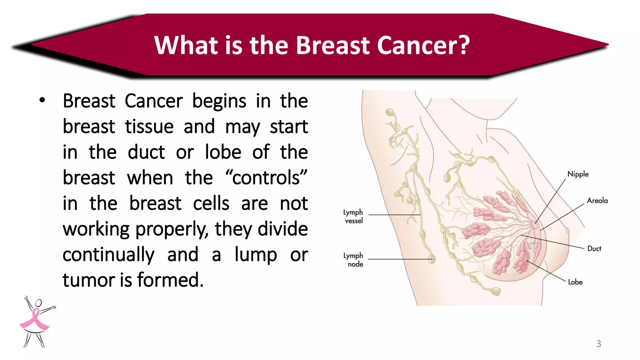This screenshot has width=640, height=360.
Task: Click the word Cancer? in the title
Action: [423, 45]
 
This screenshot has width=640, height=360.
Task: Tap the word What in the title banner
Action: [185, 45]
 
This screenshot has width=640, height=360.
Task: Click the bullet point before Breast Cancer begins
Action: [42, 100]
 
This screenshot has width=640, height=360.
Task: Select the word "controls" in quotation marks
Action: [266, 178]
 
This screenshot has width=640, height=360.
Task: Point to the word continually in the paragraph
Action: [108, 255]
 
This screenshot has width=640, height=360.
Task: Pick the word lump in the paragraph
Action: [256, 254]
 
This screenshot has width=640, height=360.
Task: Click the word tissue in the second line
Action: [149, 127]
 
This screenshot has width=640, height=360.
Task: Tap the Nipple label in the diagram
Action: [578, 174]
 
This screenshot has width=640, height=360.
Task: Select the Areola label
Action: [597, 201]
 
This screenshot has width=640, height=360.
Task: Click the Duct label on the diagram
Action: [594, 249]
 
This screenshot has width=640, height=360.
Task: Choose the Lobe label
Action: [575, 282]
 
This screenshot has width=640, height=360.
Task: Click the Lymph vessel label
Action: [353, 216]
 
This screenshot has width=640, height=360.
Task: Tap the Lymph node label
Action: [353, 260]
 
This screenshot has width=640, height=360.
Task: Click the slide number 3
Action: [598, 343]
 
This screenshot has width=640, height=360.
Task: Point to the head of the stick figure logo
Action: [38, 303]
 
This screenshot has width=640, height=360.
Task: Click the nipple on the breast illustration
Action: [534, 224]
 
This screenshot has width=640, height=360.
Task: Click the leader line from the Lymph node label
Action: [400, 259]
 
